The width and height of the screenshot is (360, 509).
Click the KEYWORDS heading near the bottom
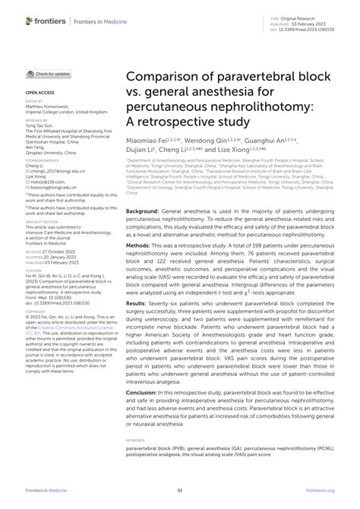tap(136, 439)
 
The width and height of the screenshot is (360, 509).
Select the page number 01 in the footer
tap(180, 491)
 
